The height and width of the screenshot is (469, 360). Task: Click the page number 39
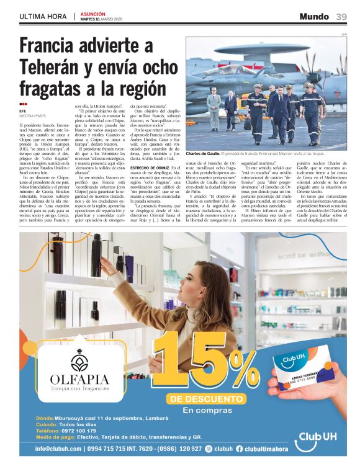342,17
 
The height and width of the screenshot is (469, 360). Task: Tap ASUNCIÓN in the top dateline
92,14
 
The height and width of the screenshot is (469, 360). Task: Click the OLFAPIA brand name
79,379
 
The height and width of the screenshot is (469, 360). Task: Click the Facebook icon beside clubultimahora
239,449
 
